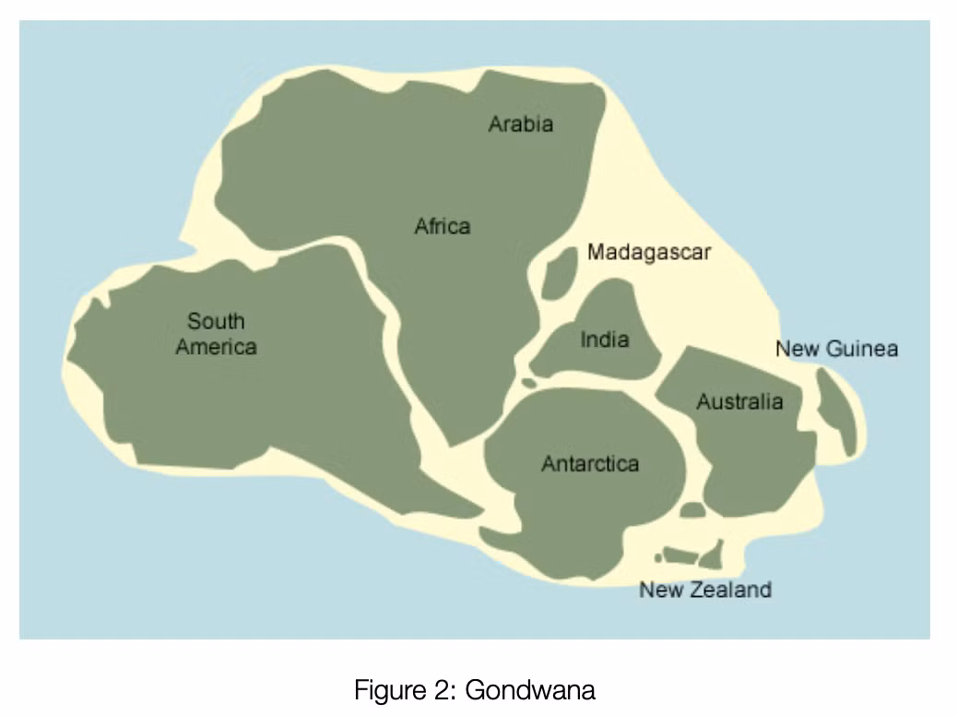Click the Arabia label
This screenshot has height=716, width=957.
coord(521,124)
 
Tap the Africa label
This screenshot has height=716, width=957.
coord(443,226)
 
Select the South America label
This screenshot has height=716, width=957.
coord(217,334)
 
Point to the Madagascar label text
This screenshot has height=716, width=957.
coord(649,252)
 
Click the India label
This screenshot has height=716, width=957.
coord(605,340)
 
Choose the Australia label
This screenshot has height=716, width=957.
coord(739,402)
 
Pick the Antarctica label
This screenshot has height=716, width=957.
coord(589,463)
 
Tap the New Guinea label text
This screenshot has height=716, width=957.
coord(836,349)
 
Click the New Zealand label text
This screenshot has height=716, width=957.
coord(705,590)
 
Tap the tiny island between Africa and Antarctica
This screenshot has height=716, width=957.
coord(528,382)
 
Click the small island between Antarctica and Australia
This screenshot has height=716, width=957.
coord(692,509)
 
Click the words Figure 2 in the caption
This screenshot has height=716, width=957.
coord(405,689)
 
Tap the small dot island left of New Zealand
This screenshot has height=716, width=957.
coord(657,557)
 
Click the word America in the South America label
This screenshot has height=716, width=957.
coord(217,347)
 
